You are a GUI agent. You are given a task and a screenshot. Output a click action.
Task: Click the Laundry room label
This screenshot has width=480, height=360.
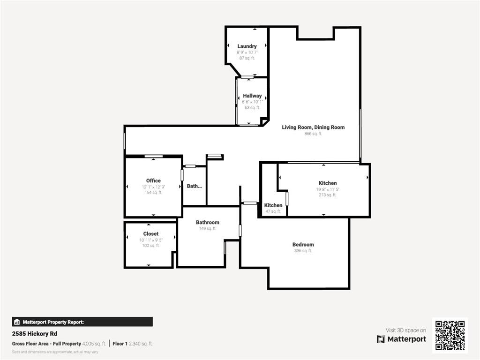tap(247, 46)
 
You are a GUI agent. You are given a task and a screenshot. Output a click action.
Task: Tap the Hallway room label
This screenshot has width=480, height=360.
tap(252, 96)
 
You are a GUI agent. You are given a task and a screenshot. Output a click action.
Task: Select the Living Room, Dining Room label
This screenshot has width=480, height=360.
tap(313, 127)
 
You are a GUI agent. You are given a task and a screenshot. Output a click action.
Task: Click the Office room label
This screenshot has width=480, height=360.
tap(153, 180)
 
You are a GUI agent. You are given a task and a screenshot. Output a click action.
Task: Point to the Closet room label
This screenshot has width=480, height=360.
tap(151, 233)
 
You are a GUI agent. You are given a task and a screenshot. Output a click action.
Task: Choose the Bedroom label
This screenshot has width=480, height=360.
tap(303, 244)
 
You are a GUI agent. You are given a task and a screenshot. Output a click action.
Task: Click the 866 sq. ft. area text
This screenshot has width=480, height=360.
tap(313, 134)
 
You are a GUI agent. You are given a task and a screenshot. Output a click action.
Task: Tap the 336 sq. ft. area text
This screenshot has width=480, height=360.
tap(303, 251)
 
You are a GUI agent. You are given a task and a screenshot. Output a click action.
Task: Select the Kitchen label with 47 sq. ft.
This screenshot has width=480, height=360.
tap(273, 205)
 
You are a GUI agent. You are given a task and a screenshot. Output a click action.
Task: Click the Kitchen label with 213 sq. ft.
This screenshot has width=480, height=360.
tap(328, 183)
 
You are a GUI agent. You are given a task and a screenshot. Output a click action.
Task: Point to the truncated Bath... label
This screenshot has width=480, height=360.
tap(194, 186)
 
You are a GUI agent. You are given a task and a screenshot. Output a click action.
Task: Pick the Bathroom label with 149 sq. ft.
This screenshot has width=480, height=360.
tap(208, 222)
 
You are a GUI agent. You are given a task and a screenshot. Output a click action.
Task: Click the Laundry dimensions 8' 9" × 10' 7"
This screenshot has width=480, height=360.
tap(247, 52)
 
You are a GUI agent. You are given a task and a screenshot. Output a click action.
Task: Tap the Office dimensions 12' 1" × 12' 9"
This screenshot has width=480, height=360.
tap(153, 187)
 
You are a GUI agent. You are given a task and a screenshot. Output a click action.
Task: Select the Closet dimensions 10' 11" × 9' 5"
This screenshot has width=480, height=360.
tap(151, 240)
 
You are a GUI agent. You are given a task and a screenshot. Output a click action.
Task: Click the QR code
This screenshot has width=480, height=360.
tap(450, 335)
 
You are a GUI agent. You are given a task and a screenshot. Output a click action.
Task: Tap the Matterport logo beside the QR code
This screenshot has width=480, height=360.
tap(401, 339)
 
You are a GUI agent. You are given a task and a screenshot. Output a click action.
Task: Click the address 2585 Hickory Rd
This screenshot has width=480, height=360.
tap(35, 334)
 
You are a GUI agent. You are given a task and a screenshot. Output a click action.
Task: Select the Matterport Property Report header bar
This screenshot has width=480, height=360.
tap(82, 322)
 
